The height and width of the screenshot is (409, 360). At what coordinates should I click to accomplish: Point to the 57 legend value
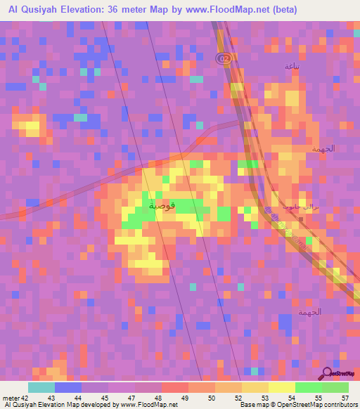[346, 398]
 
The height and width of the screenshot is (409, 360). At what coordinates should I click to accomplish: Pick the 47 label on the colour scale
[132, 398]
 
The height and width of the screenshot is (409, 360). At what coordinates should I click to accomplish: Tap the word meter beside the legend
[11, 398]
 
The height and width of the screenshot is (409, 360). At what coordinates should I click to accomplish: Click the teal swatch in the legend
[41, 387]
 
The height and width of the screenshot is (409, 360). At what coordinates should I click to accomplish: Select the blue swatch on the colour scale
[68, 387]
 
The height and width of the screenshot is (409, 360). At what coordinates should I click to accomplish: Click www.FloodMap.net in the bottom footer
[149, 405]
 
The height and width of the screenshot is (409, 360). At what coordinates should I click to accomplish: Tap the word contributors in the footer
[340, 405]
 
